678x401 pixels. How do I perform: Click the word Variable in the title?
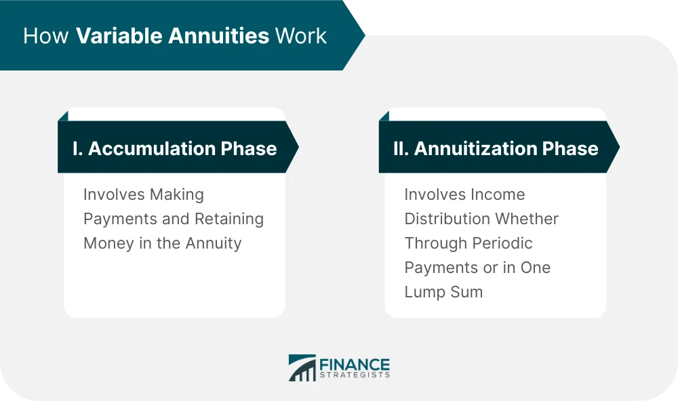pyautogui.click(x=114, y=36)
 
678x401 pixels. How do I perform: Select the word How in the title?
pyautogui.click(x=46, y=36)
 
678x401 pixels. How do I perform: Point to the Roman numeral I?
pyautogui.click(x=75, y=148)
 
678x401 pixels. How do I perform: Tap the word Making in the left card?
pyautogui.click(x=178, y=195)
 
